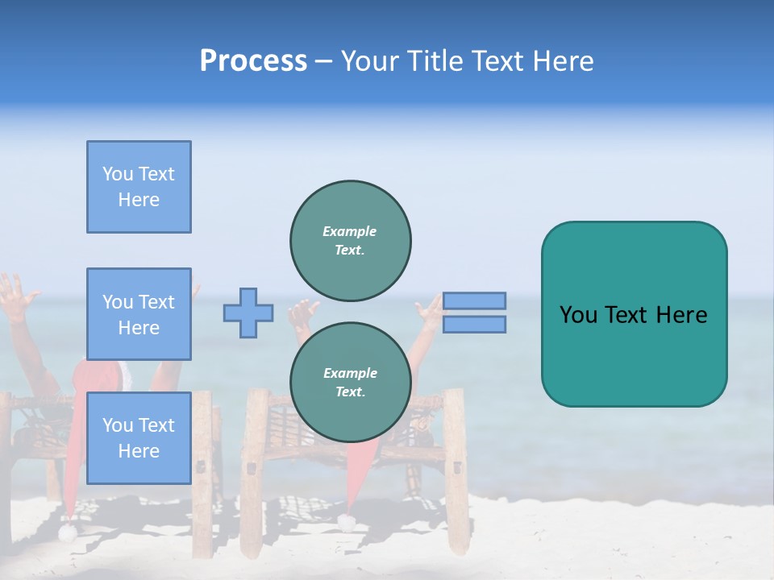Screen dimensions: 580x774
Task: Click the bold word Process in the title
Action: click(253, 61)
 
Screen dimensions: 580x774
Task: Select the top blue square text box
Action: click(139, 187)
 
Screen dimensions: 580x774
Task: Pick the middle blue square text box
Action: click(139, 314)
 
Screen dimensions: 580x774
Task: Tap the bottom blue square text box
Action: click(139, 437)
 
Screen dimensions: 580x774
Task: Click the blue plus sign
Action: click(248, 313)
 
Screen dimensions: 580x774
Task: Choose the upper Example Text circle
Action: click(350, 240)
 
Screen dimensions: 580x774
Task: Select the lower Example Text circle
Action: click(350, 382)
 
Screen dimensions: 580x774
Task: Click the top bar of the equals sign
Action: click(474, 300)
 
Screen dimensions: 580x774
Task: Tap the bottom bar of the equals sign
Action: click(474, 324)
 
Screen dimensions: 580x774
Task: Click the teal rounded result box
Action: click(634, 314)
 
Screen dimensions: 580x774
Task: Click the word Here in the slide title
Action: click(563, 61)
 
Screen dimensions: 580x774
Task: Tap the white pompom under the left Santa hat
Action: click(67, 532)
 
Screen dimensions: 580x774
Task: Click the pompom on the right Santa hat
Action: click(347, 522)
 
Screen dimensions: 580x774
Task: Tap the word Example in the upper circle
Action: click(350, 231)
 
